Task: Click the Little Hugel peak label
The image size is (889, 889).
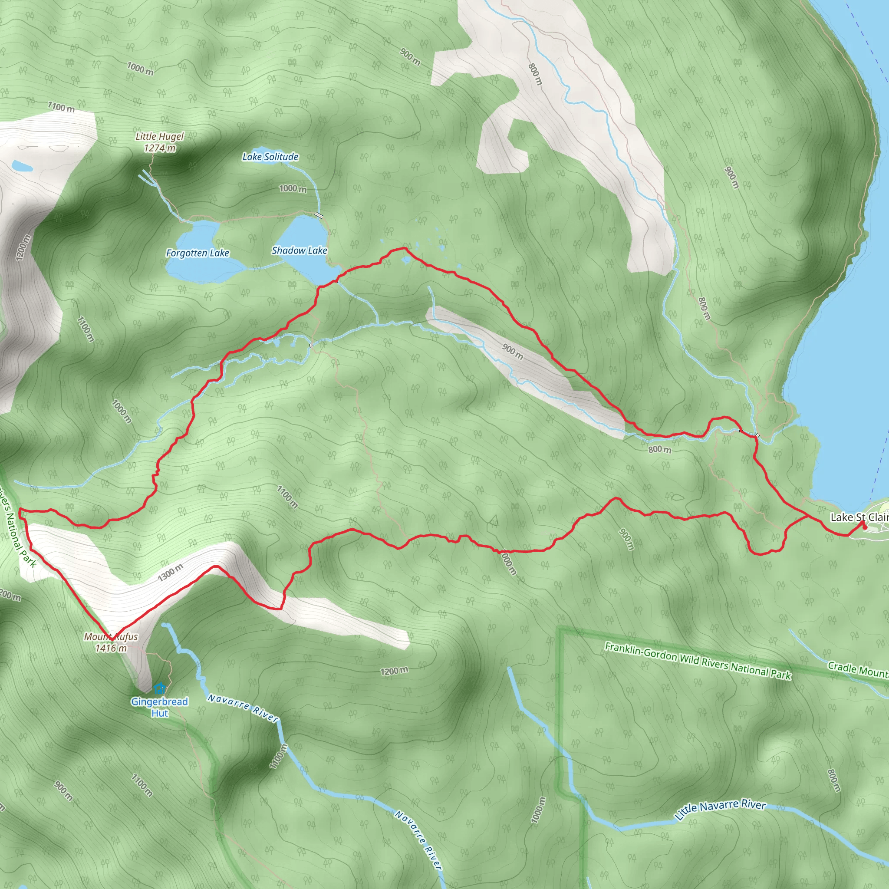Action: pyautogui.click(x=159, y=136)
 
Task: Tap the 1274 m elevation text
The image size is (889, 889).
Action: pyautogui.click(x=159, y=148)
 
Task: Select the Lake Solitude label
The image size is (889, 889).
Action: pyautogui.click(x=270, y=157)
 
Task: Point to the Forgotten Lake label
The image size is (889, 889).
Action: pyautogui.click(x=198, y=253)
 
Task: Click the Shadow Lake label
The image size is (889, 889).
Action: pyautogui.click(x=299, y=250)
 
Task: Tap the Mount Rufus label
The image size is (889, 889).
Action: pyautogui.click(x=111, y=637)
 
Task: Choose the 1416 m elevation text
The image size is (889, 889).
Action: pyautogui.click(x=111, y=649)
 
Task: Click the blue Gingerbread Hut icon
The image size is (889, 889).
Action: pyautogui.click(x=159, y=688)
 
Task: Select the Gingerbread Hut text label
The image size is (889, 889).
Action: pyautogui.click(x=159, y=707)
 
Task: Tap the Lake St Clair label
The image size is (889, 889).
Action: pyautogui.click(x=859, y=517)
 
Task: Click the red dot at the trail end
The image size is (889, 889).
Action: pyautogui.click(x=865, y=528)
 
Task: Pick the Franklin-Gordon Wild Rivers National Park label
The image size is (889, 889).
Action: pyautogui.click(x=698, y=661)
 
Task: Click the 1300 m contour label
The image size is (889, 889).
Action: pyautogui.click(x=170, y=572)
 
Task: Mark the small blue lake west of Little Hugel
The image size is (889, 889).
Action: pyautogui.click(x=22, y=165)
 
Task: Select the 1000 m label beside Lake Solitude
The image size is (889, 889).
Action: pyautogui.click(x=293, y=189)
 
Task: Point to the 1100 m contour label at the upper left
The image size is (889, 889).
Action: pyautogui.click(x=61, y=108)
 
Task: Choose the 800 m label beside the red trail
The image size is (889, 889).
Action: pyautogui.click(x=659, y=449)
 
